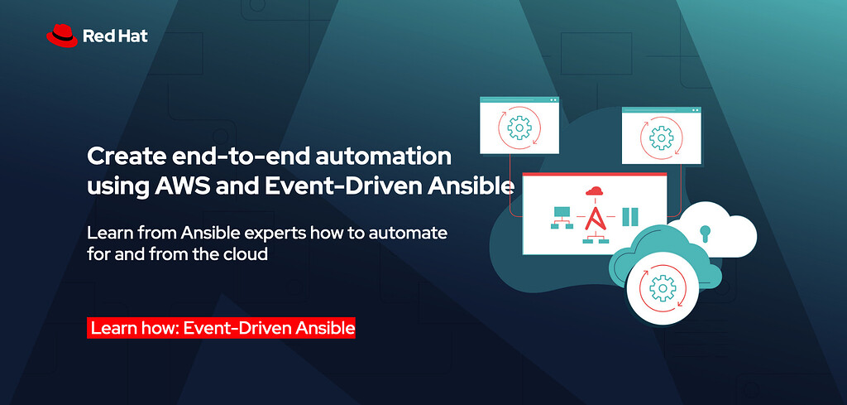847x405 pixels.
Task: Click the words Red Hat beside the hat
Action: click(x=115, y=36)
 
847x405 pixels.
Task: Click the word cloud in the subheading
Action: click(x=246, y=254)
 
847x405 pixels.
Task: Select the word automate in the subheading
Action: click(x=411, y=233)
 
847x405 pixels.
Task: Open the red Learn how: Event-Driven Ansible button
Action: click(x=222, y=328)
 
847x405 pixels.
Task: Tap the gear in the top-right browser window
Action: click(x=661, y=136)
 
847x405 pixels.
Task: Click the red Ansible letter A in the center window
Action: click(x=594, y=218)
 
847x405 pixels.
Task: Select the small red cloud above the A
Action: click(x=594, y=192)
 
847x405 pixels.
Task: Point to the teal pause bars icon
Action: click(x=630, y=217)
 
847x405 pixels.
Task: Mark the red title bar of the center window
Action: click(x=594, y=176)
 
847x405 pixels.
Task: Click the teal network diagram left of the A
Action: click(x=562, y=218)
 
